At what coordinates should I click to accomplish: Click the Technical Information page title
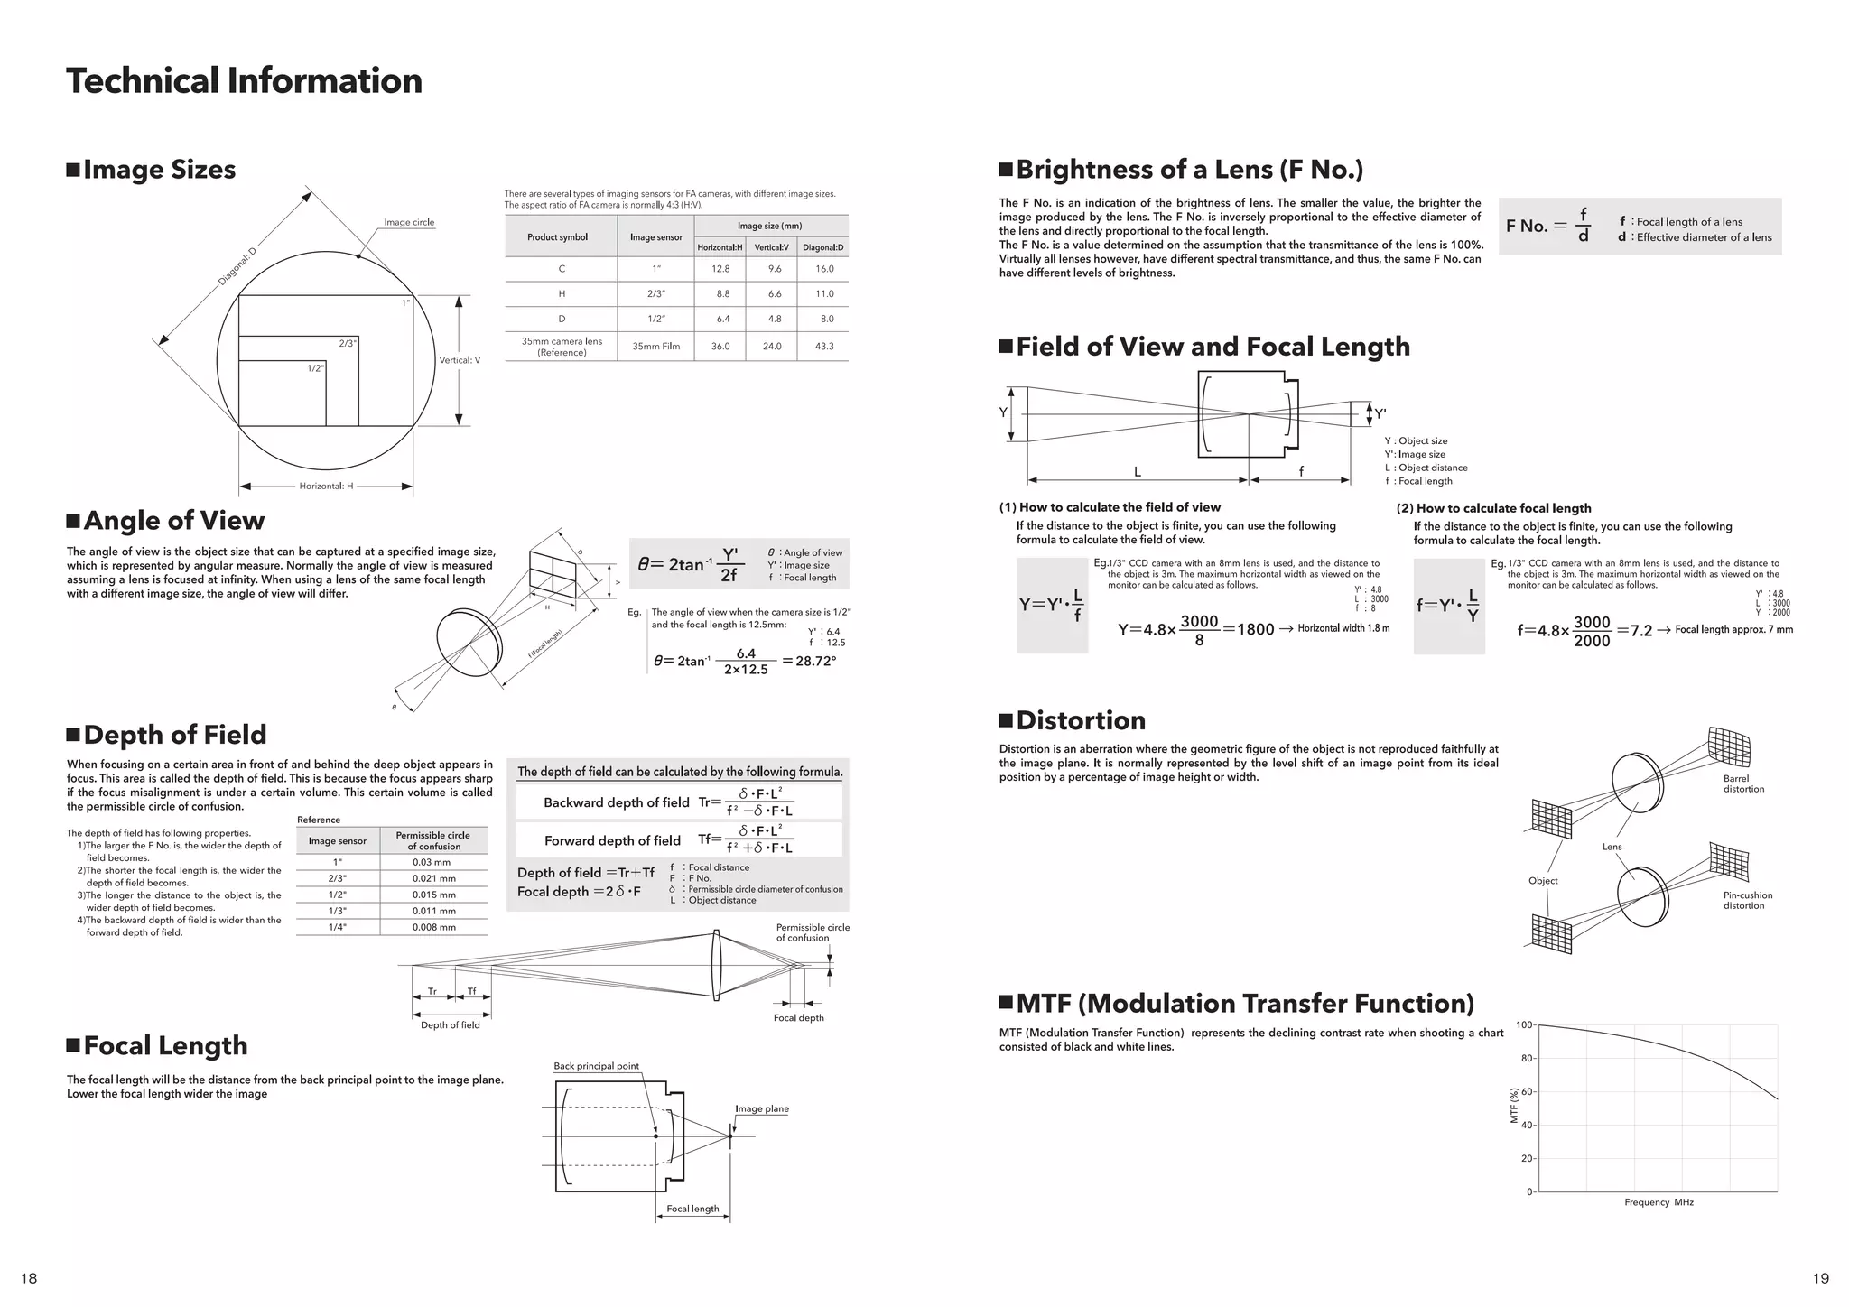244,80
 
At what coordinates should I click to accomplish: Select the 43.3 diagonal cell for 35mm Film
823,346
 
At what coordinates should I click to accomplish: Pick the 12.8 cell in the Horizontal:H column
720,269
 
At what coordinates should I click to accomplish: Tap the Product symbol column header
557,237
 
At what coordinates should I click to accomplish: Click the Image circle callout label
409,222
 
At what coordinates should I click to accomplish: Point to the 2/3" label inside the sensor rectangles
348,343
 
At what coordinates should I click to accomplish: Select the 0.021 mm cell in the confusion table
433,878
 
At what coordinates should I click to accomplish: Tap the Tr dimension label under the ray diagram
432,992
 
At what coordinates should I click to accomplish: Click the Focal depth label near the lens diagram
798,1017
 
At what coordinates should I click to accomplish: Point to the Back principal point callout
596,1066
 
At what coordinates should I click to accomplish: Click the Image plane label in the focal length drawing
761,1108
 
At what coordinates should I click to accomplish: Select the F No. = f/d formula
1548,226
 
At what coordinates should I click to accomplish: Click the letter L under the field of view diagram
1137,471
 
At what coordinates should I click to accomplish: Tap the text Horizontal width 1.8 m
1343,628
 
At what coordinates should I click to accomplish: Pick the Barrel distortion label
1742,783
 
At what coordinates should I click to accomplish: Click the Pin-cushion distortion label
1747,900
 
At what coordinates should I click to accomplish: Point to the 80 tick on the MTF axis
1526,1058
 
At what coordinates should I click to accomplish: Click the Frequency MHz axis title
1659,1202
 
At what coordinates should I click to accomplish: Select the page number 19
1820,1278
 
